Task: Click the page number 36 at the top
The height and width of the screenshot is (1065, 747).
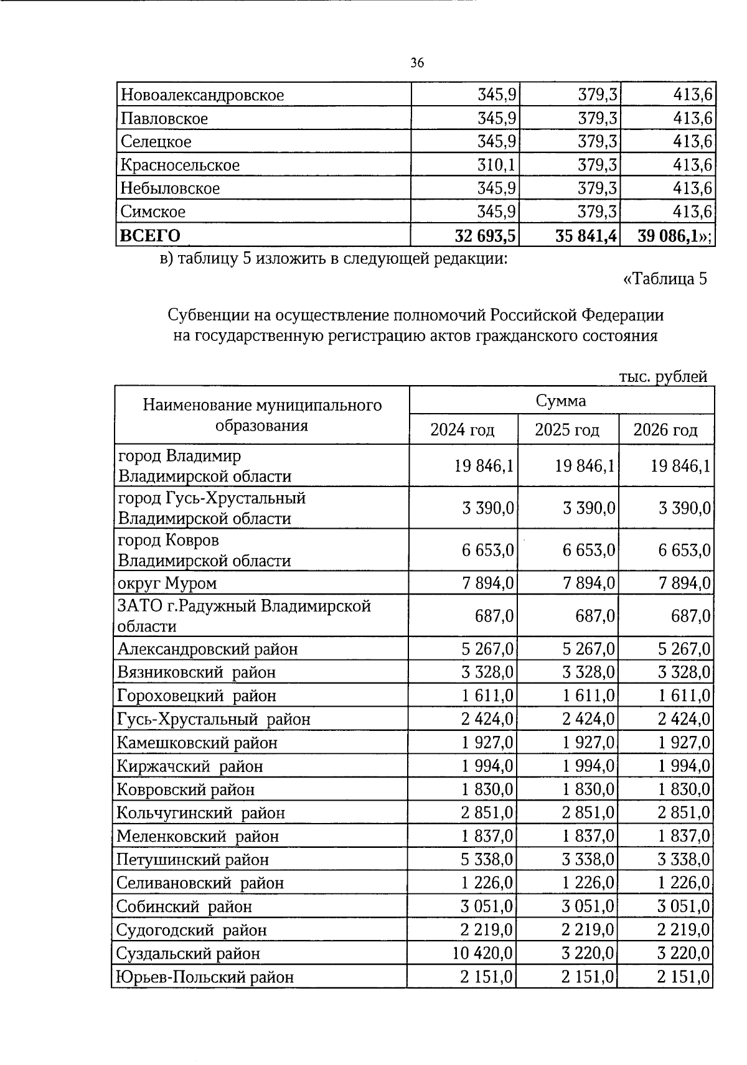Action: (417, 63)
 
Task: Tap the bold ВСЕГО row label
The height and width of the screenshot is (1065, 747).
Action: (150, 235)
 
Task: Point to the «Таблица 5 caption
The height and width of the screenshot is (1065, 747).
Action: (665, 278)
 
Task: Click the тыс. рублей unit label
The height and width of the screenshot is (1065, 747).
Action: (664, 376)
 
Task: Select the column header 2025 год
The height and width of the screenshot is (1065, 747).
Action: (567, 430)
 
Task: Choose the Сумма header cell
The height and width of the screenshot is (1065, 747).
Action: (561, 401)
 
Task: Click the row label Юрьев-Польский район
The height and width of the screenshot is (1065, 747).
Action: (205, 977)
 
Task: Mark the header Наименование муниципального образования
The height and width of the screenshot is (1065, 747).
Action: (262, 415)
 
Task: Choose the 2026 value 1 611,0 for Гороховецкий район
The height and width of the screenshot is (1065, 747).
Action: (684, 695)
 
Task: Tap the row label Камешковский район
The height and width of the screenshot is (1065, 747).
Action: (197, 743)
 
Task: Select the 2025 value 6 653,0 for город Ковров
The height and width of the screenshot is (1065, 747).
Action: (588, 550)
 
